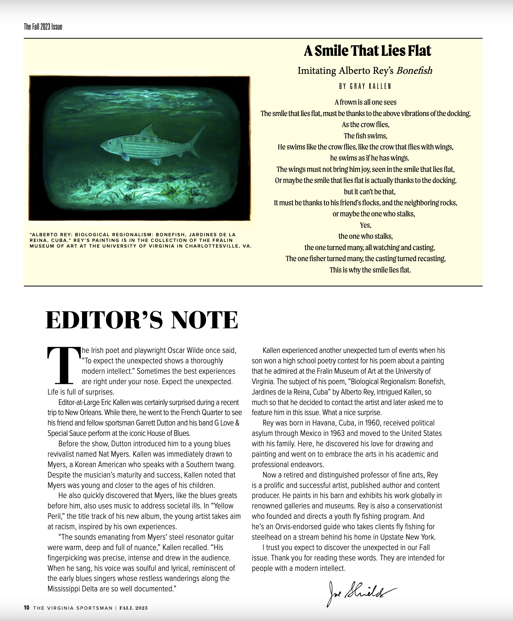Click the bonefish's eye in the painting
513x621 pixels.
[x=109, y=143]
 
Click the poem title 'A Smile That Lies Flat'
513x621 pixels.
[x=367, y=51]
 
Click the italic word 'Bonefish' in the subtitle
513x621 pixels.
[x=414, y=71]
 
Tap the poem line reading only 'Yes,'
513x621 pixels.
[x=366, y=225]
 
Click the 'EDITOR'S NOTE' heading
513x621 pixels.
[x=142, y=320]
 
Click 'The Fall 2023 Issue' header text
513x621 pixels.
[x=43, y=27]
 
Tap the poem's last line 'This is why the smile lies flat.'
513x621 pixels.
[x=370, y=270]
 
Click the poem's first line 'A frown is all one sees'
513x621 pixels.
[x=365, y=102]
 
